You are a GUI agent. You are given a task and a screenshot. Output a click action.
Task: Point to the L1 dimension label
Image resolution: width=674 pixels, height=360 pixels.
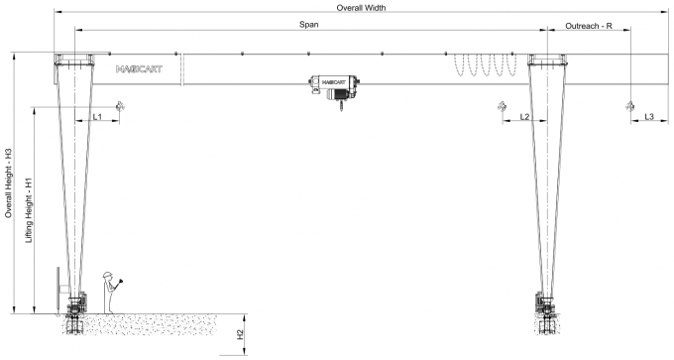97,117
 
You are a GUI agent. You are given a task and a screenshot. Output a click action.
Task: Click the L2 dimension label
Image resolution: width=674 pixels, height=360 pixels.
524,117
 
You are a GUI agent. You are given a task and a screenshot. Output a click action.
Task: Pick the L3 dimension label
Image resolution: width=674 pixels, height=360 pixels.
648,117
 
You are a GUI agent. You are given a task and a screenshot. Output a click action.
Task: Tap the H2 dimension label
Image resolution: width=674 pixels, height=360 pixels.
240,334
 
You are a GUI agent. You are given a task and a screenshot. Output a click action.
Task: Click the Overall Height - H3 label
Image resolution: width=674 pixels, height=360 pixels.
8,183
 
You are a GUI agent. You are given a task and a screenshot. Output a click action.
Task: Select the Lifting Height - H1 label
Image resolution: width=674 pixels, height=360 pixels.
29,212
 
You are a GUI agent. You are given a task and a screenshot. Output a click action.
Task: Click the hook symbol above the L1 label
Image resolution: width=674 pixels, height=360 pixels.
120,104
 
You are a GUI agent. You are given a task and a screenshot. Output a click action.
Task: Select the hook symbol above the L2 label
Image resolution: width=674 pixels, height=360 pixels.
501,104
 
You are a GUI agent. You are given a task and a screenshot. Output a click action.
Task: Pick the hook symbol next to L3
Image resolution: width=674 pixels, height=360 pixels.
628,104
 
